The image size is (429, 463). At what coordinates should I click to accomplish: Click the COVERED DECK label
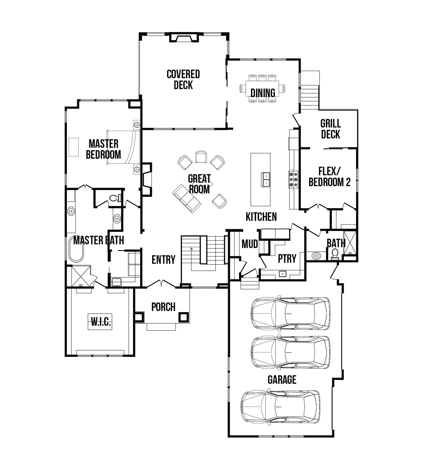click(x=183, y=79)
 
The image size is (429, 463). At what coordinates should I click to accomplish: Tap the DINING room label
click(x=263, y=93)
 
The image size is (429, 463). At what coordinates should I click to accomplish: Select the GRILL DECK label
click(x=331, y=129)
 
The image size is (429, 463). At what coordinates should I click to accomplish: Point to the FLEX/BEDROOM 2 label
click(x=330, y=177)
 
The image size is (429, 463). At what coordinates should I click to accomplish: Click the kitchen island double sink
click(x=266, y=179)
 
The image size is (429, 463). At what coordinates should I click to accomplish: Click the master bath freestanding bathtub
click(x=76, y=249)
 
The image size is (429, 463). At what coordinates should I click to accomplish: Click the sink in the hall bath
click(x=316, y=256)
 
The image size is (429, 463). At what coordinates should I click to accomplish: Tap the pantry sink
click(x=282, y=274)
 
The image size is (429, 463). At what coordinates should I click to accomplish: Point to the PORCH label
click(x=163, y=307)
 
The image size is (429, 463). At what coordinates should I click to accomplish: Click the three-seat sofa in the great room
click(x=187, y=198)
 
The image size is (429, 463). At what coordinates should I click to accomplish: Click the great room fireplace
click(x=147, y=179)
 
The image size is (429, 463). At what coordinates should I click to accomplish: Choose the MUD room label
click(x=250, y=244)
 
